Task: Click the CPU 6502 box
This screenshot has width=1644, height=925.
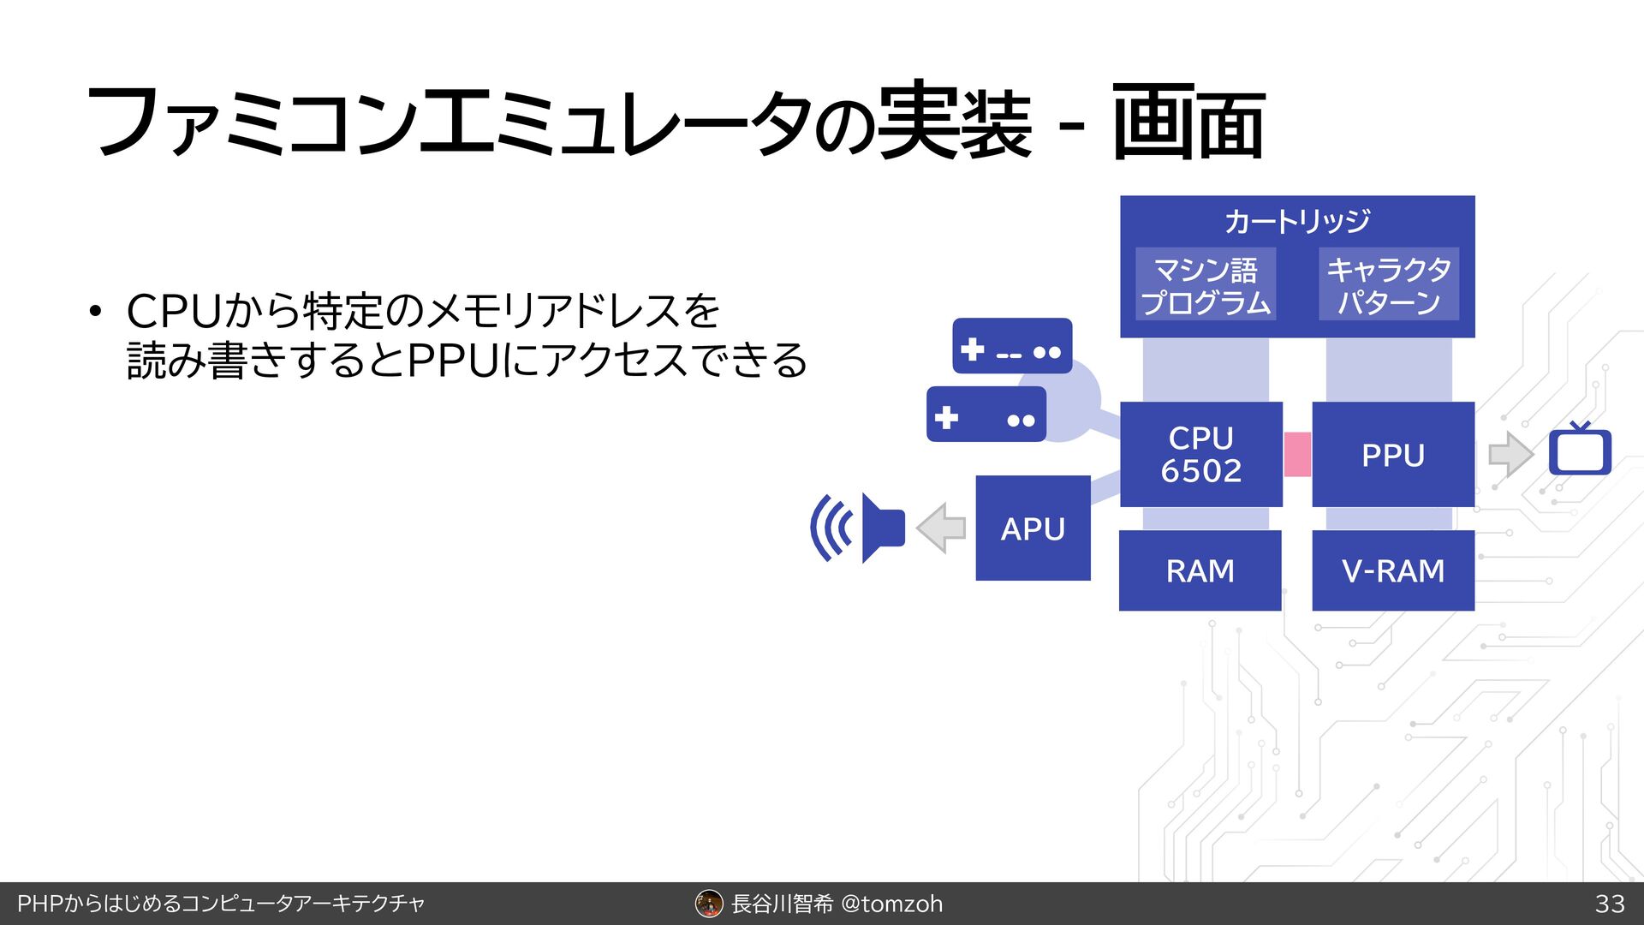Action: coord(1200,454)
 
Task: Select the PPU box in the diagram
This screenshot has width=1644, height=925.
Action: coord(1392,454)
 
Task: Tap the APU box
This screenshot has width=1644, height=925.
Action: coord(1033,528)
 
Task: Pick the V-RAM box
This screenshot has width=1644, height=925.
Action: coord(1392,570)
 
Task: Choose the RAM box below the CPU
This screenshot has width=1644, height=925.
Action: coord(1200,570)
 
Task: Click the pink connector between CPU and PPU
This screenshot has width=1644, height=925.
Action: coord(1297,454)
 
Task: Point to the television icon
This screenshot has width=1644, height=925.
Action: coord(1580,451)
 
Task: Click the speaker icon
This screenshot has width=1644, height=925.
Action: coord(859,528)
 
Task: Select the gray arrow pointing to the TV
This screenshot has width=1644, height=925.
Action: coord(1510,454)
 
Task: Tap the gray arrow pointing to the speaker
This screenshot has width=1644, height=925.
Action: coord(941,528)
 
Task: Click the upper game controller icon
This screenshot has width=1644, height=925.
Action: coord(1012,346)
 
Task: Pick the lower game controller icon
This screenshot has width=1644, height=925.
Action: coord(986,415)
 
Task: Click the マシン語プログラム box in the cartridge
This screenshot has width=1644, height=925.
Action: coord(1206,285)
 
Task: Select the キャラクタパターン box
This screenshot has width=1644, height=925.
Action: coord(1388,285)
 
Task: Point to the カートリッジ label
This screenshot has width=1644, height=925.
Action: coord(1296,221)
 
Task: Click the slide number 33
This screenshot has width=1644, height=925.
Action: coord(1610,904)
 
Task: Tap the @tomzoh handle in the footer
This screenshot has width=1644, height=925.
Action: coord(892,904)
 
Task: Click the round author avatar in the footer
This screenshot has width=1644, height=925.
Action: coord(709,904)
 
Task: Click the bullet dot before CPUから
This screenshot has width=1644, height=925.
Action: coord(96,311)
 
